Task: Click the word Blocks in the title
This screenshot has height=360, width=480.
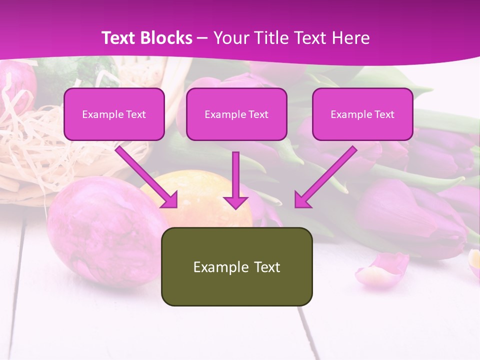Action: (167, 38)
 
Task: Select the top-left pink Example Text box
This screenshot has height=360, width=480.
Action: (114, 114)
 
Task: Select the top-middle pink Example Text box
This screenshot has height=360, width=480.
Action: (236, 114)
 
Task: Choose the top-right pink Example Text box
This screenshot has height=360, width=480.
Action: (362, 114)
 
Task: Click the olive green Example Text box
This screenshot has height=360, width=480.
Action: (236, 266)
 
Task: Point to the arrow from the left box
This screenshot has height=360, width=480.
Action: (147, 177)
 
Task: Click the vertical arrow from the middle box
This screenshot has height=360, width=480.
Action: (236, 180)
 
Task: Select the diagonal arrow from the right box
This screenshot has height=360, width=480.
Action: (325, 177)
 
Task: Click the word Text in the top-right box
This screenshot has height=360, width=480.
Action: (384, 114)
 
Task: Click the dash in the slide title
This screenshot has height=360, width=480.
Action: (202, 38)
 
